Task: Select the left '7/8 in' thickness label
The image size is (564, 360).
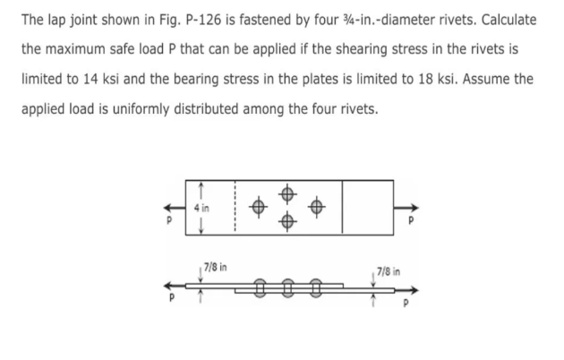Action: click(x=216, y=266)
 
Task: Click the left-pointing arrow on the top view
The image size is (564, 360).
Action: click(x=169, y=205)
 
